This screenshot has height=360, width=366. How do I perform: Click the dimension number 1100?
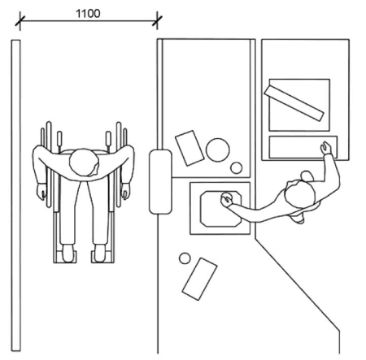[x=88, y=14]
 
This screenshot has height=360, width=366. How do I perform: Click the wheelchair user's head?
[x=84, y=162]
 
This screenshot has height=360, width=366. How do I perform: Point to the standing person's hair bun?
[x=307, y=176]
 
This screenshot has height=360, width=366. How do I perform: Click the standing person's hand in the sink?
[x=227, y=199]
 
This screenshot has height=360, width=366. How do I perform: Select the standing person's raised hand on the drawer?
[x=326, y=148]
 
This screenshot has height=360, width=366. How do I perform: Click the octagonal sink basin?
[x=220, y=209]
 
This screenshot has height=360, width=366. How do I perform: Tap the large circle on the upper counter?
[x=218, y=150]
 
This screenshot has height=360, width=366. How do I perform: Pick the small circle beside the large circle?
[x=237, y=168]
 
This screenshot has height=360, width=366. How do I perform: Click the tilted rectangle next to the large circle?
[x=190, y=148]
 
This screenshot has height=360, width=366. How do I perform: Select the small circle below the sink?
[x=185, y=258]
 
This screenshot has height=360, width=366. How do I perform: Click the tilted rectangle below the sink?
[x=199, y=279]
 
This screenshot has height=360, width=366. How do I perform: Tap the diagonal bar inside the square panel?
[x=294, y=102]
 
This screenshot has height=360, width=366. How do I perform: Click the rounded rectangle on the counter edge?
[x=160, y=182]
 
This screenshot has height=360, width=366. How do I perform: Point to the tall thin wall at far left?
[x=15, y=196]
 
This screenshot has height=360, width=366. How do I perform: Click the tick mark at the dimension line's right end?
[x=157, y=20]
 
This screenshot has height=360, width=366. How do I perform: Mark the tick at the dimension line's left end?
[x=20, y=21]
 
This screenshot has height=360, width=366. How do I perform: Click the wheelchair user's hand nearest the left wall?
[x=41, y=192]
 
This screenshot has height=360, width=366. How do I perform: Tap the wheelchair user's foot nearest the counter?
[x=99, y=254]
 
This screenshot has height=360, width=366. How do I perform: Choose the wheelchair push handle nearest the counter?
[x=108, y=138]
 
